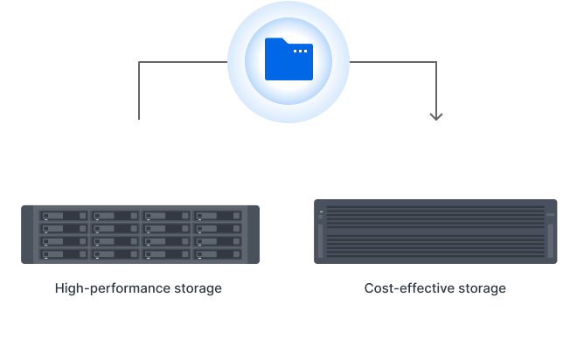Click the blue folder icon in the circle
click(288, 61)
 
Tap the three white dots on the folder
click(300, 52)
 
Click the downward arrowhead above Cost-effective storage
click(436, 115)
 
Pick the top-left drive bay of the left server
click(61, 216)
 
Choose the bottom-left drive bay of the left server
click(61, 255)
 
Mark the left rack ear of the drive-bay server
click(27, 234)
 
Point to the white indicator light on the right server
click(321, 212)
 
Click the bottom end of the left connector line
click(140, 118)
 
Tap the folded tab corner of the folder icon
click(273, 41)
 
